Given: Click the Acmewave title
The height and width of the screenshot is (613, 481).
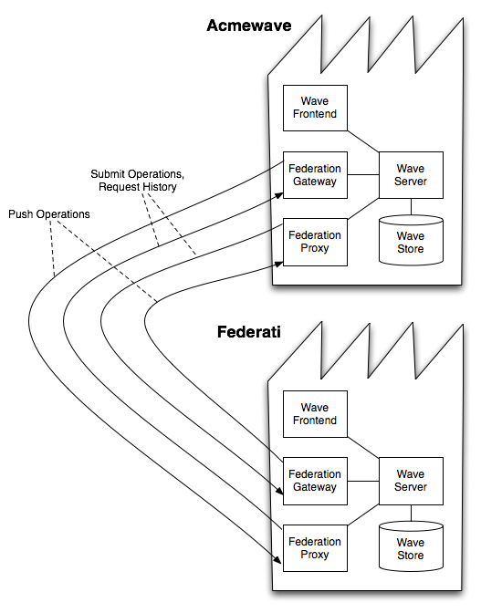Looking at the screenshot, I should coord(248,26).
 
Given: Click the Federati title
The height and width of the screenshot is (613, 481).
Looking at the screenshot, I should coord(248,332).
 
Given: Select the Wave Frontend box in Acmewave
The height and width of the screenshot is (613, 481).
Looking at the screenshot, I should coord(315,108).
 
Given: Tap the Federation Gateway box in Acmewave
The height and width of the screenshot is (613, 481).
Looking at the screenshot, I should coord(315,175).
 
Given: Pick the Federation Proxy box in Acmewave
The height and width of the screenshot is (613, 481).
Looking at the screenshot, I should coord(315,242).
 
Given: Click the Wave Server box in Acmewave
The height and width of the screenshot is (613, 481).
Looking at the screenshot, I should coord(410,175).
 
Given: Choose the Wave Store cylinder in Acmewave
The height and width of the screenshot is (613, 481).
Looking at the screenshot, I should coord(410,242).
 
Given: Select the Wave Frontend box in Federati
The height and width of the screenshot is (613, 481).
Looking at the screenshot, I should coord(315,414).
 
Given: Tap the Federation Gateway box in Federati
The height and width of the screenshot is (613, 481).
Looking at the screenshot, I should coord(315,481).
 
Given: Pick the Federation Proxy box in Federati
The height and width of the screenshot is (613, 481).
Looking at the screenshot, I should coord(315,548).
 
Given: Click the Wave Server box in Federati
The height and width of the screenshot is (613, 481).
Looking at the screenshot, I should coord(410,481).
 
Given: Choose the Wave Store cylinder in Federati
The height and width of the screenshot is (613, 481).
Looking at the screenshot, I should coord(410,548).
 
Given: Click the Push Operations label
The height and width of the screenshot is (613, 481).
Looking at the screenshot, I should coord(49,214).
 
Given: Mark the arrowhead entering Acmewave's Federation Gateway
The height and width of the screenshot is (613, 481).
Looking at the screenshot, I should coord(278,192).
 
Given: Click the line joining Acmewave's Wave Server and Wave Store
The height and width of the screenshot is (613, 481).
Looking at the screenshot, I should coord(410,207).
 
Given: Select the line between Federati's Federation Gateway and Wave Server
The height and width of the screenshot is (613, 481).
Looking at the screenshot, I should coord(363,481).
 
